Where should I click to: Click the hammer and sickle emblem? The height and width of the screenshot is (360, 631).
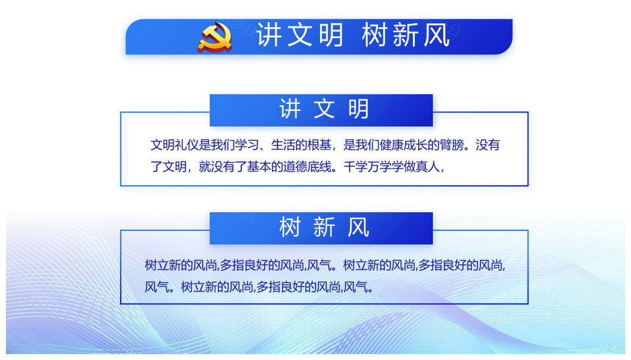point(215,37)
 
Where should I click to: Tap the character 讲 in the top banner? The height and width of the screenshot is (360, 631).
point(268,35)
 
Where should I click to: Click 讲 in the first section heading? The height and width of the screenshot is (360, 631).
point(290,109)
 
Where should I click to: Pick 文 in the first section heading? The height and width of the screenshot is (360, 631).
point(324,109)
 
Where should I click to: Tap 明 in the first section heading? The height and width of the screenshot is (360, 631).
point(359,109)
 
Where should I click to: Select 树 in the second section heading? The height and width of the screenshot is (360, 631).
point(290,227)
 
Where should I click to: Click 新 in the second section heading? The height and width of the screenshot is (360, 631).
point(324,227)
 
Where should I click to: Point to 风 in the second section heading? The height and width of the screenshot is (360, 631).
point(359,227)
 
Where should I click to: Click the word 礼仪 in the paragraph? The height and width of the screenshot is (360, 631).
point(187,145)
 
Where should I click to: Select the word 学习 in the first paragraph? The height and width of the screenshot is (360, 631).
point(247,145)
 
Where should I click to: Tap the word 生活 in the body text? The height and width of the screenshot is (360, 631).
point(283,145)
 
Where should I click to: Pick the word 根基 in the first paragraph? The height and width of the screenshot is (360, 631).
point(319,145)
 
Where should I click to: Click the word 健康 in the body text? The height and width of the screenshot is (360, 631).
point(392,145)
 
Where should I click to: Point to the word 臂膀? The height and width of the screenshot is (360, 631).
point(452,145)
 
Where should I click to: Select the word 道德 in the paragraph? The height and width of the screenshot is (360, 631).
point(295,166)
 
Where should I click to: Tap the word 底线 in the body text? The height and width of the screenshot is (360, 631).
point(319,166)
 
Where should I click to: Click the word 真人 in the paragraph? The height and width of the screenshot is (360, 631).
point(428,166)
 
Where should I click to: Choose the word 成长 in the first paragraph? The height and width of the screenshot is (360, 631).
point(415,145)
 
